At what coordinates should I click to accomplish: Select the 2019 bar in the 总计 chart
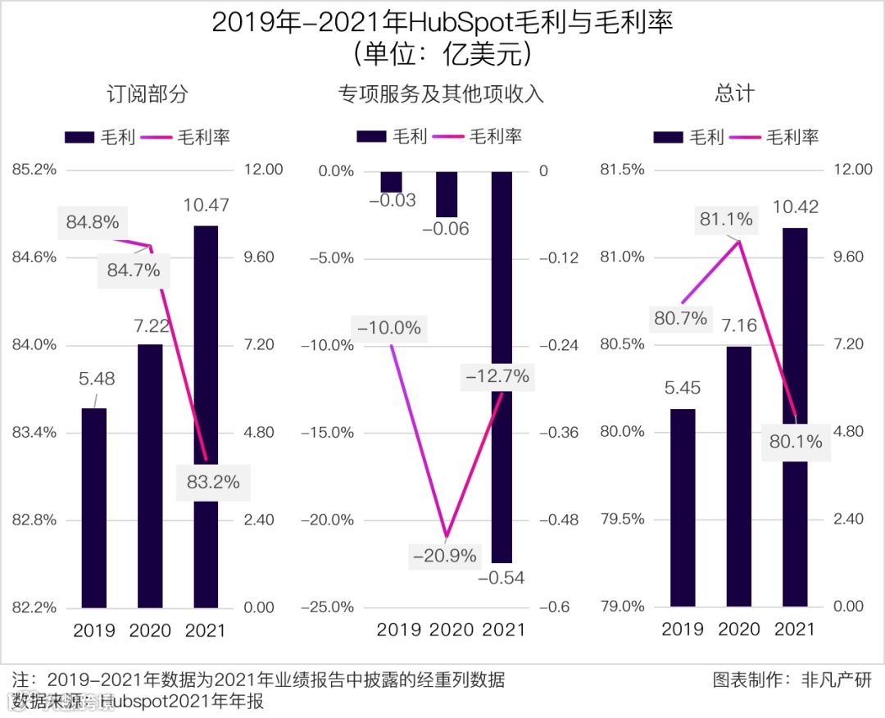tap(683, 507)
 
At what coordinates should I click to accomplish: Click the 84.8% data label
tap(93, 222)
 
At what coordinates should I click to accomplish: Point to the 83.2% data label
tap(213, 482)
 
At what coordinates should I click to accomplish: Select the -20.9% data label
tap(445, 556)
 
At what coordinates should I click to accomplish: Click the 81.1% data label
tap(726, 219)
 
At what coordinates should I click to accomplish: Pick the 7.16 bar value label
tap(738, 326)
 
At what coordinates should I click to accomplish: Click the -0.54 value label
tap(501, 578)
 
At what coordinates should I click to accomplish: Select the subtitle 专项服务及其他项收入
tap(441, 94)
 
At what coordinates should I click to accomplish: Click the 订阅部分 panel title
tap(147, 94)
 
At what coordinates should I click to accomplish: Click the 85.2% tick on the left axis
tap(34, 170)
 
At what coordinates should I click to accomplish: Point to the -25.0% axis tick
tap(328, 607)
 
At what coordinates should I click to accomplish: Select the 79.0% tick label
tap(623, 607)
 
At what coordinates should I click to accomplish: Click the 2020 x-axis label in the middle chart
tap(452, 629)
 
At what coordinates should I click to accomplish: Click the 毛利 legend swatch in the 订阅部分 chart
tap(79, 137)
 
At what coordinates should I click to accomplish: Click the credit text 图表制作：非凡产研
tap(792, 680)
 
